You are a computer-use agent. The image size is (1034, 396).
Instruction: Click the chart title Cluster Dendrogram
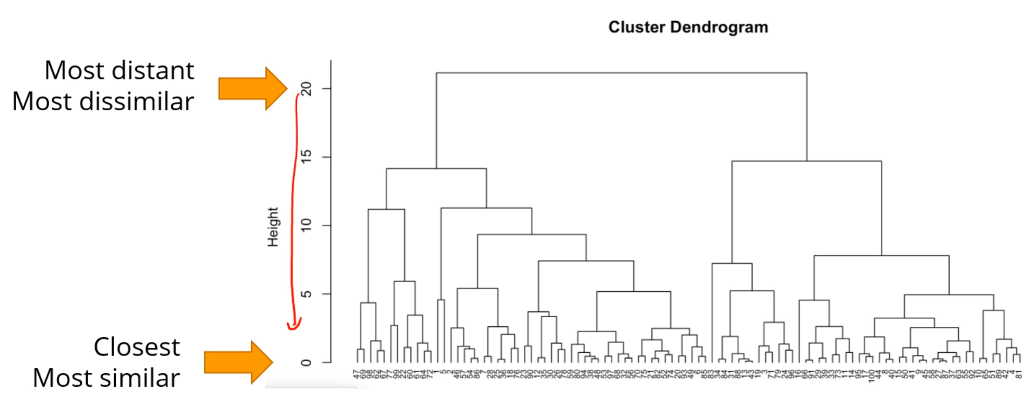[x=688, y=27]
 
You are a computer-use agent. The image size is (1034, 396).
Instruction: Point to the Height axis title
[x=273, y=227]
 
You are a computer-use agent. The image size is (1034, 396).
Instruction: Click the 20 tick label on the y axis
[x=307, y=88]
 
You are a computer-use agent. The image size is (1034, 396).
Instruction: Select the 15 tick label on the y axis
[x=307, y=157]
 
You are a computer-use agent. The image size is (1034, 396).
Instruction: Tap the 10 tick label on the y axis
[x=307, y=225]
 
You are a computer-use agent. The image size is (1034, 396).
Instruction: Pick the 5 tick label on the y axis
[x=307, y=294]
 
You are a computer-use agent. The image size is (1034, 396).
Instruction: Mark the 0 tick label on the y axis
[x=307, y=363]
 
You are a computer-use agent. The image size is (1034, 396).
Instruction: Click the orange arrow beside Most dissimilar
[x=252, y=89]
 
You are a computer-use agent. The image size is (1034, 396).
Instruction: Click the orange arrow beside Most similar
[x=238, y=362]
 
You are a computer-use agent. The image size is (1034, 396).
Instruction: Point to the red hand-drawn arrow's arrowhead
[x=294, y=324]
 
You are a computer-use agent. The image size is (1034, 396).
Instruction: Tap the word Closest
[x=136, y=347]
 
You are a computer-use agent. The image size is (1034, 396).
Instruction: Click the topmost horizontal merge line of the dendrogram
[x=621, y=72]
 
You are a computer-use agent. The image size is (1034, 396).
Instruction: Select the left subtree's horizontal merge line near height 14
[x=436, y=169]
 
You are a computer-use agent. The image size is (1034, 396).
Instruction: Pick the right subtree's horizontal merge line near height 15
[x=806, y=161]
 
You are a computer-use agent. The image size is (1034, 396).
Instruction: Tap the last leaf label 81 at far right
[x=1019, y=374]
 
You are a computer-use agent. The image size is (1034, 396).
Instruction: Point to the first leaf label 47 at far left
[x=356, y=373]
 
